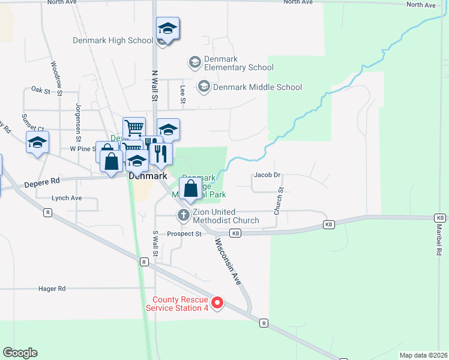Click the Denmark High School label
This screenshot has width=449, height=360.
coord(113,41)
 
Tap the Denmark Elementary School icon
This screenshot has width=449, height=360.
coord(194,62)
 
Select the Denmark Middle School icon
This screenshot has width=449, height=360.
coord(204,87)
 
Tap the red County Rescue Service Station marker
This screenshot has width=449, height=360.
coord(218,303)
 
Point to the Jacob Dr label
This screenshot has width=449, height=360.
coord(267,175)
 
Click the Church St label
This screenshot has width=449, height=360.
coord(278,201)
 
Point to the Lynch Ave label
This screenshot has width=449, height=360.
coord(67,198)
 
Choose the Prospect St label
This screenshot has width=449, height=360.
coord(184,234)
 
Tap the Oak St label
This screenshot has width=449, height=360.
coord(41,90)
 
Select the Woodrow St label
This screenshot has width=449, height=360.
coord(56,78)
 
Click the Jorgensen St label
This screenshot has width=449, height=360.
coord(78,119)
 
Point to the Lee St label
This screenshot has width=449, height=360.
coord(182,93)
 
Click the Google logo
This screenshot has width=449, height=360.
coord(20,353)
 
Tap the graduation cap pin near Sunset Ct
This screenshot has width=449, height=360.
coord(37,143)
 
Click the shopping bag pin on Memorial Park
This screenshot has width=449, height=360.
coord(190,188)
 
